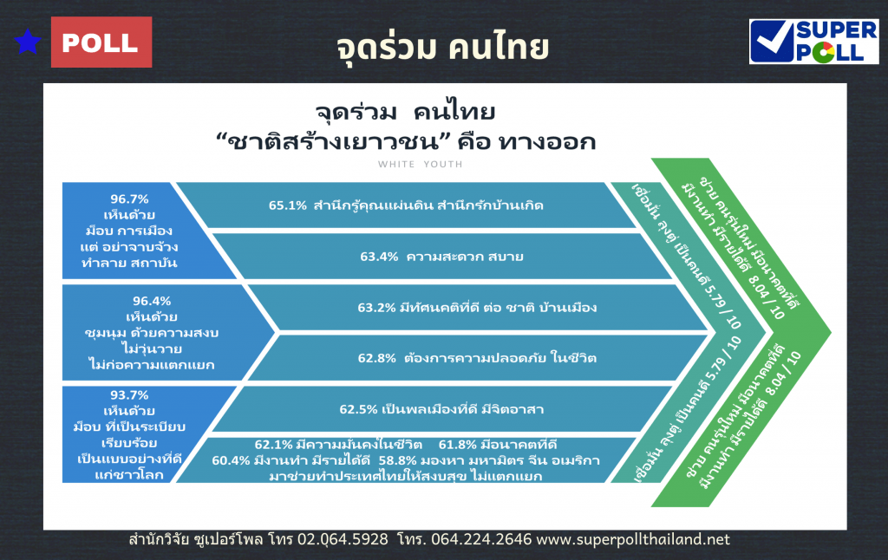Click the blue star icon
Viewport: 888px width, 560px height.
point(28,42)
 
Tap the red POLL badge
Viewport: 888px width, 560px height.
point(101,42)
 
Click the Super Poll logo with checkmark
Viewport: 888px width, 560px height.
point(813,42)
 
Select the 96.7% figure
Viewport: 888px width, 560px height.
point(129,199)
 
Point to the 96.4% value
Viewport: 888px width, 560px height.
point(152,301)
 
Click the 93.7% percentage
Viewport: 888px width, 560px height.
point(129,394)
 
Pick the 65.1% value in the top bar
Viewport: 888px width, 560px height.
point(288,205)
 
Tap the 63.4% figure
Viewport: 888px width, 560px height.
point(379,257)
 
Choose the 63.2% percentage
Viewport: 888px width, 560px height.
point(376,308)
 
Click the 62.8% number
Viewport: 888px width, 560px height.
point(376,358)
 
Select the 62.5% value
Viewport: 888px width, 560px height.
point(358,409)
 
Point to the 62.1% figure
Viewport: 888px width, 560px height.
point(273,445)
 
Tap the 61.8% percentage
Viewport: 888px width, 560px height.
point(458,445)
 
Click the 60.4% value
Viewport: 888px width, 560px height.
point(231,460)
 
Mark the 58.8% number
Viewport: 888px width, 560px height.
point(397,460)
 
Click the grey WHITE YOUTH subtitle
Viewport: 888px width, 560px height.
point(421,164)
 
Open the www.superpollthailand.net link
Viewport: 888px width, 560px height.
point(633,539)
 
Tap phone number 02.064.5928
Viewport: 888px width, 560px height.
point(343,539)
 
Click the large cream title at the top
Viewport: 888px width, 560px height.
point(442,48)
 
